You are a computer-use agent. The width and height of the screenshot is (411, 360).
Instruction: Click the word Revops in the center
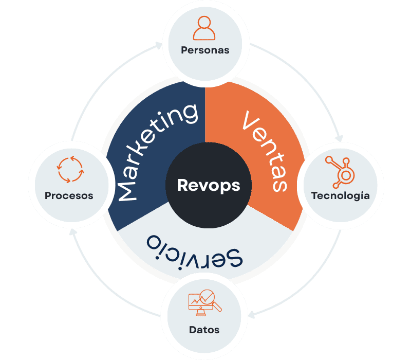click(208, 185)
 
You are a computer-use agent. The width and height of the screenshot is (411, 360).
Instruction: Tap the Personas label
click(204, 50)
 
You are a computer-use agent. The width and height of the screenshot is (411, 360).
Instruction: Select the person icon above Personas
click(204, 28)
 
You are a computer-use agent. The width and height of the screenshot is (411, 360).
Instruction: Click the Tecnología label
click(340, 196)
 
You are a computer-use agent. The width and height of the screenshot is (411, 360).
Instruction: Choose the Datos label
click(204, 330)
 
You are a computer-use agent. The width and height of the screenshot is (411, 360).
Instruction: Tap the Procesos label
click(69, 195)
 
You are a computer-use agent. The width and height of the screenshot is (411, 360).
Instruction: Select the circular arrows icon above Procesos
click(69, 170)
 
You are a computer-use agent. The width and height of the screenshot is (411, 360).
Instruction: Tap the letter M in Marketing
click(128, 190)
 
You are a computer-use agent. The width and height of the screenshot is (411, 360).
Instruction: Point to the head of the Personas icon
click(204, 23)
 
